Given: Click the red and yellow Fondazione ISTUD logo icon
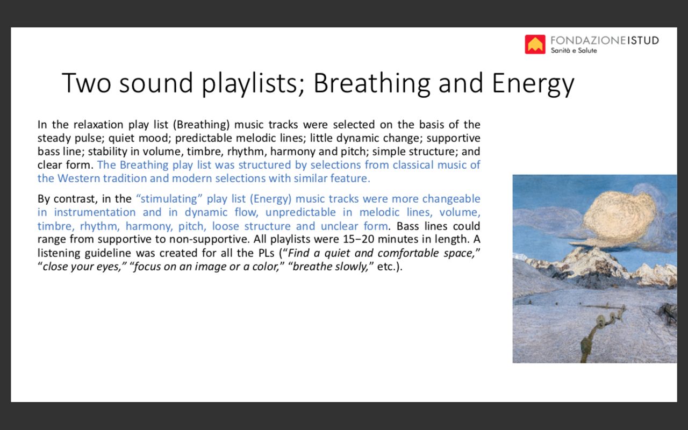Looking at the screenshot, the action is point(535,45).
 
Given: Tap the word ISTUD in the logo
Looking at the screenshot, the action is point(643,40).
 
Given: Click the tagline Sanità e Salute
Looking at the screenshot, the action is point(574,51).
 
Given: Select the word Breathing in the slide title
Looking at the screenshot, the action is point(372,83).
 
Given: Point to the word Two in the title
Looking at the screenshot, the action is point(87,83).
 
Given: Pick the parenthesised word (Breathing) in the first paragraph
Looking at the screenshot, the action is point(201,125).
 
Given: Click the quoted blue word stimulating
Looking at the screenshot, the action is point(169,199).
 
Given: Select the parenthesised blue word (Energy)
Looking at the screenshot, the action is point(270,199).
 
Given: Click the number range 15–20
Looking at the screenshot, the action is point(359,239).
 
